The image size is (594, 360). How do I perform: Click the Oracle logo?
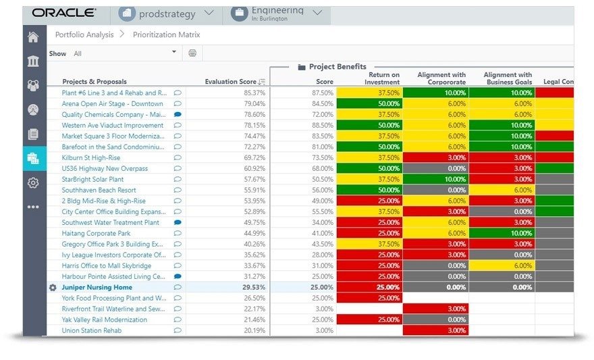coord(64,13)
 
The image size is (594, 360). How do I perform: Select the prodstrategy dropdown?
coord(167,13)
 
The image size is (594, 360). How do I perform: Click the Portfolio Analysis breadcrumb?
coord(84,34)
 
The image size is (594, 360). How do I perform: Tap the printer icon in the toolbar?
coord(192,53)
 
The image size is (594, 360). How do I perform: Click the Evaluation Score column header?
coord(231,82)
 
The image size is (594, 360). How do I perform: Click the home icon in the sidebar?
coord(33,37)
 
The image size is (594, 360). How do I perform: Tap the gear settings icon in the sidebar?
coord(33,182)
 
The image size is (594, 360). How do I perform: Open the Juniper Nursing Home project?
coord(97,287)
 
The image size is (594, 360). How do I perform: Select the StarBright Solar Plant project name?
coord(92,180)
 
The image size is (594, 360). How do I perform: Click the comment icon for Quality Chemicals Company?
coord(178,115)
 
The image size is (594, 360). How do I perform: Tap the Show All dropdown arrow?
coord(174,52)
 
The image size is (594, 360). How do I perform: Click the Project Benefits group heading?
coord(337,67)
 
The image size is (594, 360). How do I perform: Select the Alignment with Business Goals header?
coord(508,78)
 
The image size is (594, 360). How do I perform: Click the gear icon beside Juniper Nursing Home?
coord(53,287)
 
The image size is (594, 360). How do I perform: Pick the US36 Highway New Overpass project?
coord(105,168)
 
